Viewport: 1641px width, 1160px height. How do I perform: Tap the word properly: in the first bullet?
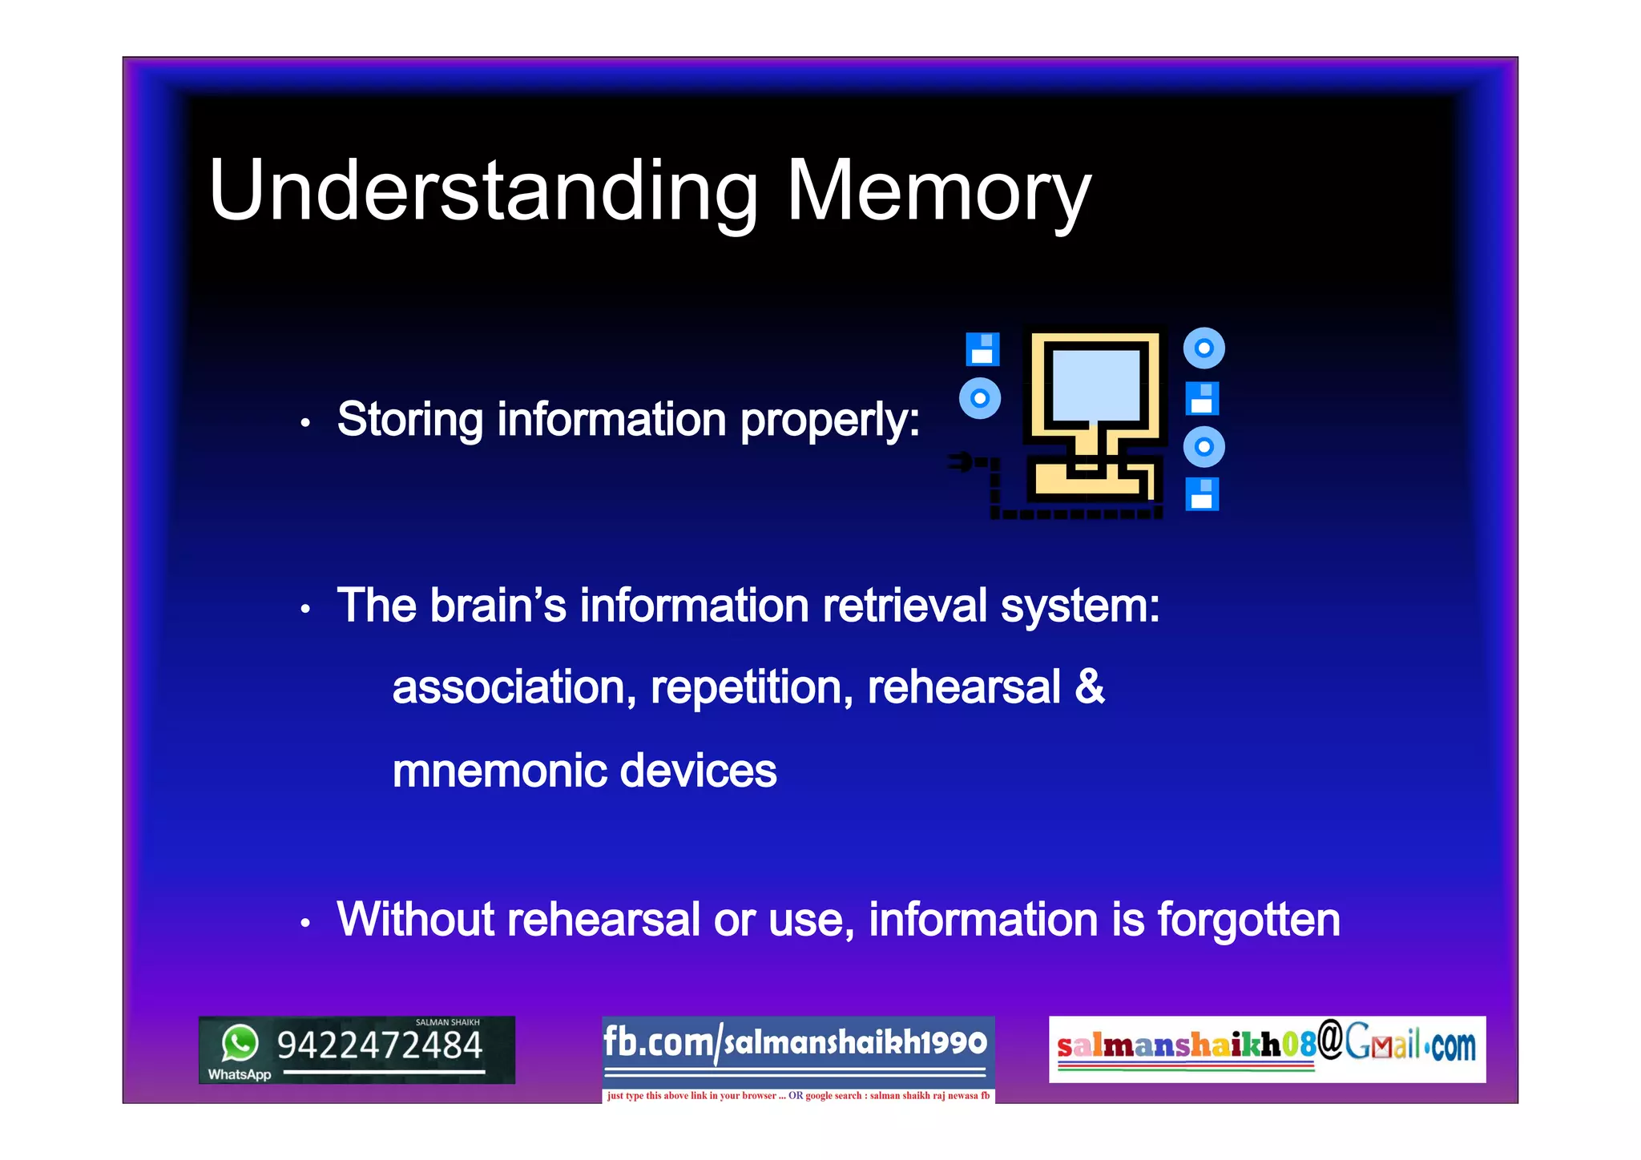[830, 421]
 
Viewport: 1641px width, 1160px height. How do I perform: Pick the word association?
[514, 687]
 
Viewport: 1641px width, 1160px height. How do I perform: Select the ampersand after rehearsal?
[1090, 687]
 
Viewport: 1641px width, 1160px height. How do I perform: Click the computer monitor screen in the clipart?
[1095, 385]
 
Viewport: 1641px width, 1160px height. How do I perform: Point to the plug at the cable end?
[960, 461]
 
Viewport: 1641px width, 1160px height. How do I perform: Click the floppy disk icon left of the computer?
[982, 349]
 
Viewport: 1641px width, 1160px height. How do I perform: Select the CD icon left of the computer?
[980, 398]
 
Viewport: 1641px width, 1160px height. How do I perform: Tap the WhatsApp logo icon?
[240, 1043]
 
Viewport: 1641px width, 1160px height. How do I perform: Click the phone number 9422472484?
[380, 1045]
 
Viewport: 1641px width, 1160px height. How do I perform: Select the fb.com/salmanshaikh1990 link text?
[795, 1042]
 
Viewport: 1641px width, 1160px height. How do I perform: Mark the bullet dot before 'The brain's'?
[305, 610]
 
